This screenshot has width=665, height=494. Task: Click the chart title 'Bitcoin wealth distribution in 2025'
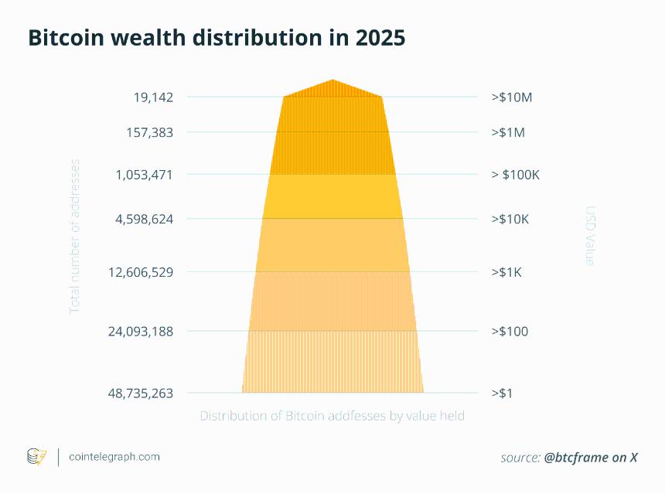click(x=217, y=39)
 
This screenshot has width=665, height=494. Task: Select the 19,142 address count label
click(x=153, y=97)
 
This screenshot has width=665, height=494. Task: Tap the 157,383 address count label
click(x=149, y=132)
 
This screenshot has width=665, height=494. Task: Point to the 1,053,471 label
click(x=144, y=175)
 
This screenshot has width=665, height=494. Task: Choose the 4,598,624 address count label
click(x=144, y=220)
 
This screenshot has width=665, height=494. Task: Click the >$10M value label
click(x=512, y=97)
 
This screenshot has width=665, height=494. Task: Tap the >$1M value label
click(x=508, y=132)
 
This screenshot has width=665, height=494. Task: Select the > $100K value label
click(x=515, y=175)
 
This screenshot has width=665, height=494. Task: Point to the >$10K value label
click(x=510, y=220)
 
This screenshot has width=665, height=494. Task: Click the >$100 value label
click(x=510, y=332)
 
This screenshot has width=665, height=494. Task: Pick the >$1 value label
click(x=503, y=393)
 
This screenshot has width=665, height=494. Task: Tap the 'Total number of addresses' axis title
click(x=75, y=236)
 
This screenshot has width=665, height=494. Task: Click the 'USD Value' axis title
click(x=590, y=236)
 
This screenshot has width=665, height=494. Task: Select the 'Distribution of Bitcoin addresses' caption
click(x=332, y=416)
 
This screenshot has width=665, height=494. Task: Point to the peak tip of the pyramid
click(x=332, y=80)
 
